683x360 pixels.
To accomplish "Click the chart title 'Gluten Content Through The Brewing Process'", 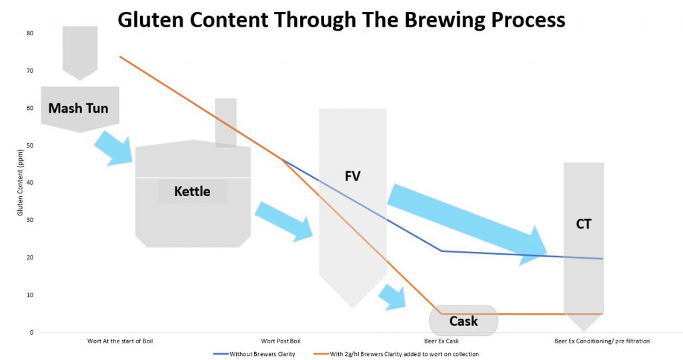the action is click(341, 19).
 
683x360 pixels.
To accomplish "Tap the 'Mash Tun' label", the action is click(79, 108).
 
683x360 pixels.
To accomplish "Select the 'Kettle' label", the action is click(192, 191).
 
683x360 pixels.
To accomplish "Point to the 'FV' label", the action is click(352, 176).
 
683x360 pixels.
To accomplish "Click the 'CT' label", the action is click(584, 224).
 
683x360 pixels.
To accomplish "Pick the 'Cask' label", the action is click(464, 321).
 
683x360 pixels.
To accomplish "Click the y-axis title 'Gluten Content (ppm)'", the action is click(20, 183).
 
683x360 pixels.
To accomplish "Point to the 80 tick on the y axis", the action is click(30, 33).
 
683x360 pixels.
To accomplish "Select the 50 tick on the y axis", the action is click(30, 145).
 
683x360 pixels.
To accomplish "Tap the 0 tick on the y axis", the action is click(31, 333).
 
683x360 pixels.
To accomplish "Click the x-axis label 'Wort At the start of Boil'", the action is click(120, 341).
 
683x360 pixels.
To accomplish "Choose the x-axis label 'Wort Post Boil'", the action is click(281, 341).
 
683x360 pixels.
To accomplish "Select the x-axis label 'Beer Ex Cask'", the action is click(442, 341).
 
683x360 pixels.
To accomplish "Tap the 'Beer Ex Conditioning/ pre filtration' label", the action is click(602, 341).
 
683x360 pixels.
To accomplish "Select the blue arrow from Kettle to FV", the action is click(284, 221).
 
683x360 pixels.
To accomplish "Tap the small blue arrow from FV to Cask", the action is click(392, 297).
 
